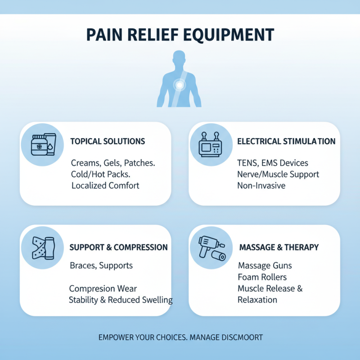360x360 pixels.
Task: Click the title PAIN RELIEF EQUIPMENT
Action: pos(180,35)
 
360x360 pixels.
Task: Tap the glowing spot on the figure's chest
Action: pos(180,84)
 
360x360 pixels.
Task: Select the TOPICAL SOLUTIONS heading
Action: pos(108,141)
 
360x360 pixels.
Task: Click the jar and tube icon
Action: pos(43,144)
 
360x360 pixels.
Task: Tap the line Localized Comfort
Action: pos(105,185)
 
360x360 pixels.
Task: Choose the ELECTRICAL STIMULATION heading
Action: pos(286,141)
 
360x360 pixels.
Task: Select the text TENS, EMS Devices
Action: pos(273,163)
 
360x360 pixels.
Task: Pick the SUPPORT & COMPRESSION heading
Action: pos(118,247)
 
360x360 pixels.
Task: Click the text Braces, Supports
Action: pos(101,265)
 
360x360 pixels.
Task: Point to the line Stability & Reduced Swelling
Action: pos(121,300)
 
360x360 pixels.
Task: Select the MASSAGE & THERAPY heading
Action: pos(279,247)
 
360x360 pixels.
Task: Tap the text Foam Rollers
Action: pos(262,277)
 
